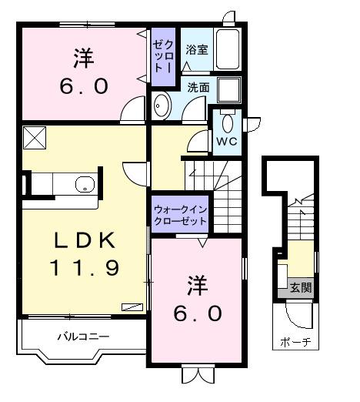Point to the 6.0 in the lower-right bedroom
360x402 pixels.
click(197, 313)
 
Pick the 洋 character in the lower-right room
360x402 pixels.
click(197, 286)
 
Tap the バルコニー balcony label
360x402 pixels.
click(83, 337)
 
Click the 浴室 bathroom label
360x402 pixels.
click(196, 50)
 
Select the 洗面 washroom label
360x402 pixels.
click(198, 87)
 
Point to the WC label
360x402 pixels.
click(225, 142)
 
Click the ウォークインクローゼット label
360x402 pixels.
click(180, 215)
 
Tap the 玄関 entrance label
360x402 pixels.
click(301, 288)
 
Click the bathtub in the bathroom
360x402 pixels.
click(228, 50)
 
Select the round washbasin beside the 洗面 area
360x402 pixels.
click(162, 107)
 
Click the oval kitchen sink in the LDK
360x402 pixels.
click(84, 184)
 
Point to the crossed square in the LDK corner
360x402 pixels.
click(35, 137)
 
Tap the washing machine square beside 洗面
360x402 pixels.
click(228, 91)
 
